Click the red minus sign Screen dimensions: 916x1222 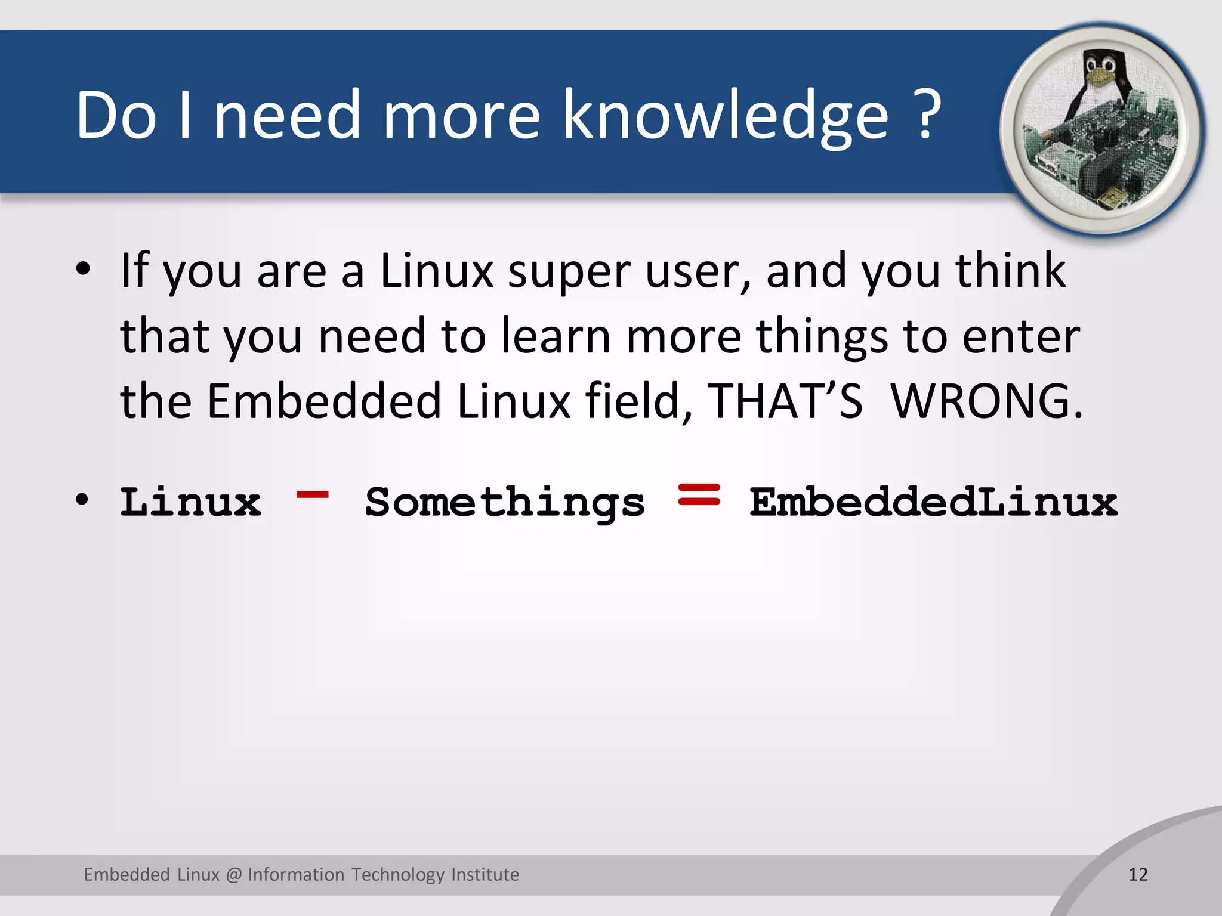coord(313,494)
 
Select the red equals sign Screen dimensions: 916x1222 coord(699,494)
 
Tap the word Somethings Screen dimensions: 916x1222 coord(505,503)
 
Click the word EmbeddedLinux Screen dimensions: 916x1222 coord(933,502)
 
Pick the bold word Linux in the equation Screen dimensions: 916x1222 coord(190,502)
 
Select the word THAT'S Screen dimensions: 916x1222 coord(785,401)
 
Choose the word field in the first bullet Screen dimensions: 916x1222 coord(639,401)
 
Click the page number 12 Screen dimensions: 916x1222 coord(1138,875)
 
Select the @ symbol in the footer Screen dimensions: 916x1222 coord(234,875)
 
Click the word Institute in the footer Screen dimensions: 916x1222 coord(485,875)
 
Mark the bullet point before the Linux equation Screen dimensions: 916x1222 coord(83,499)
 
